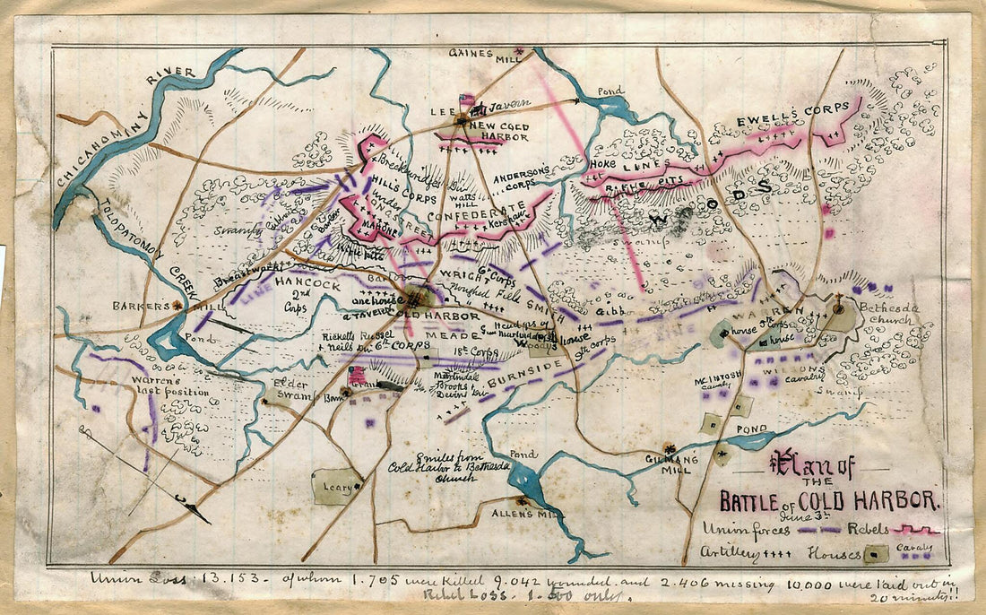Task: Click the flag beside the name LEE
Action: pos(466,100)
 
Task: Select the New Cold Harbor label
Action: pos(498,133)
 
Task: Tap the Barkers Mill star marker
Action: pos(177,305)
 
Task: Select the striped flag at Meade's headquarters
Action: pos(357,374)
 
